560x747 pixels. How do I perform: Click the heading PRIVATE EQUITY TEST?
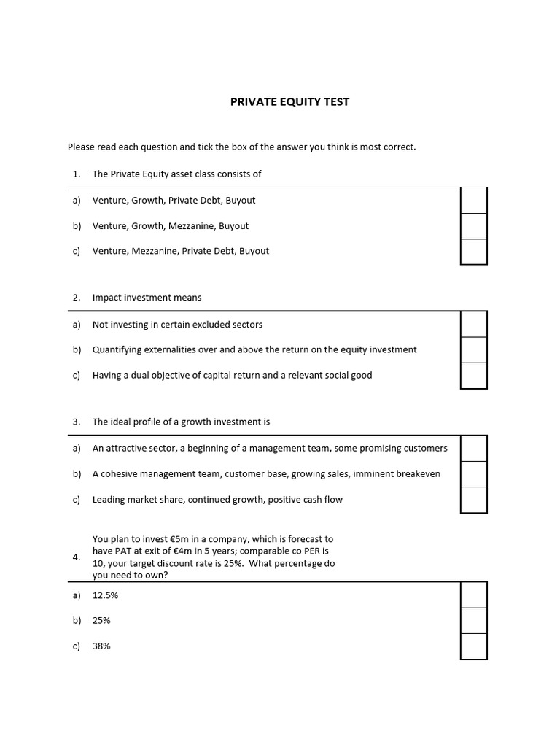(289, 102)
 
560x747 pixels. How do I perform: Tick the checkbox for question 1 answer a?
(473, 201)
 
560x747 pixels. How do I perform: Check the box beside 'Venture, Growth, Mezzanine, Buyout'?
(473, 226)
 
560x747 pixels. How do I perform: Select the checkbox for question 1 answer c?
(473, 251)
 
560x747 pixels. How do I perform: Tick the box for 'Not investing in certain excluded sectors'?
(473, 325)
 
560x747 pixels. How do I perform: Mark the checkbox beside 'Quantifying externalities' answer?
(473, 350)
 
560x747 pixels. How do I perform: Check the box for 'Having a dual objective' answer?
(473, 375)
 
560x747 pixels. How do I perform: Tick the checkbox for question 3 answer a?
(473, 449)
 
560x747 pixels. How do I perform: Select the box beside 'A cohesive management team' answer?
(473, 474)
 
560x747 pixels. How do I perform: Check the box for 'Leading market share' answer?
(473, 499)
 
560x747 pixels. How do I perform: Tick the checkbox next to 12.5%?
(473, 595)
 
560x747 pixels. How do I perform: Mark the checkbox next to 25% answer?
(473, 621)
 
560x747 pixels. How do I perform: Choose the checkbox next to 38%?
(473, 646)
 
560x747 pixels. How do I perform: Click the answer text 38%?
(101, 646)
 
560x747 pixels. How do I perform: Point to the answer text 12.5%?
(105, 595)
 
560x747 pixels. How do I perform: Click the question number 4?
(76, 557)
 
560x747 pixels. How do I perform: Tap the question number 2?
(76, 298)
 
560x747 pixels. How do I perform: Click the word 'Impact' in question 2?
(106, 298)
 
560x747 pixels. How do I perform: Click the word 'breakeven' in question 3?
(417, 474)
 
